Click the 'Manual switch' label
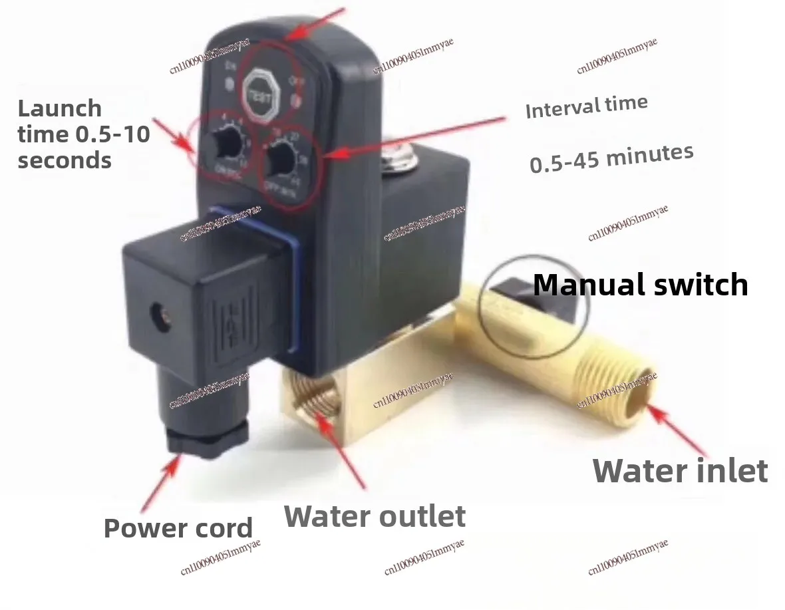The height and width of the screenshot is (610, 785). coord(640,285)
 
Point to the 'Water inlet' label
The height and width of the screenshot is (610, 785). coord(680,471)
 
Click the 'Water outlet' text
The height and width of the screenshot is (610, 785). coord(375,517)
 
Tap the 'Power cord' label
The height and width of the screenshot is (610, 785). coord(178,528)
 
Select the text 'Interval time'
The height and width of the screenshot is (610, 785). coord(586,106)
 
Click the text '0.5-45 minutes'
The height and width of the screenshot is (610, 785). coord(611,158)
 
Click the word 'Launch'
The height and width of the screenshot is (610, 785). coord(59,108)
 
